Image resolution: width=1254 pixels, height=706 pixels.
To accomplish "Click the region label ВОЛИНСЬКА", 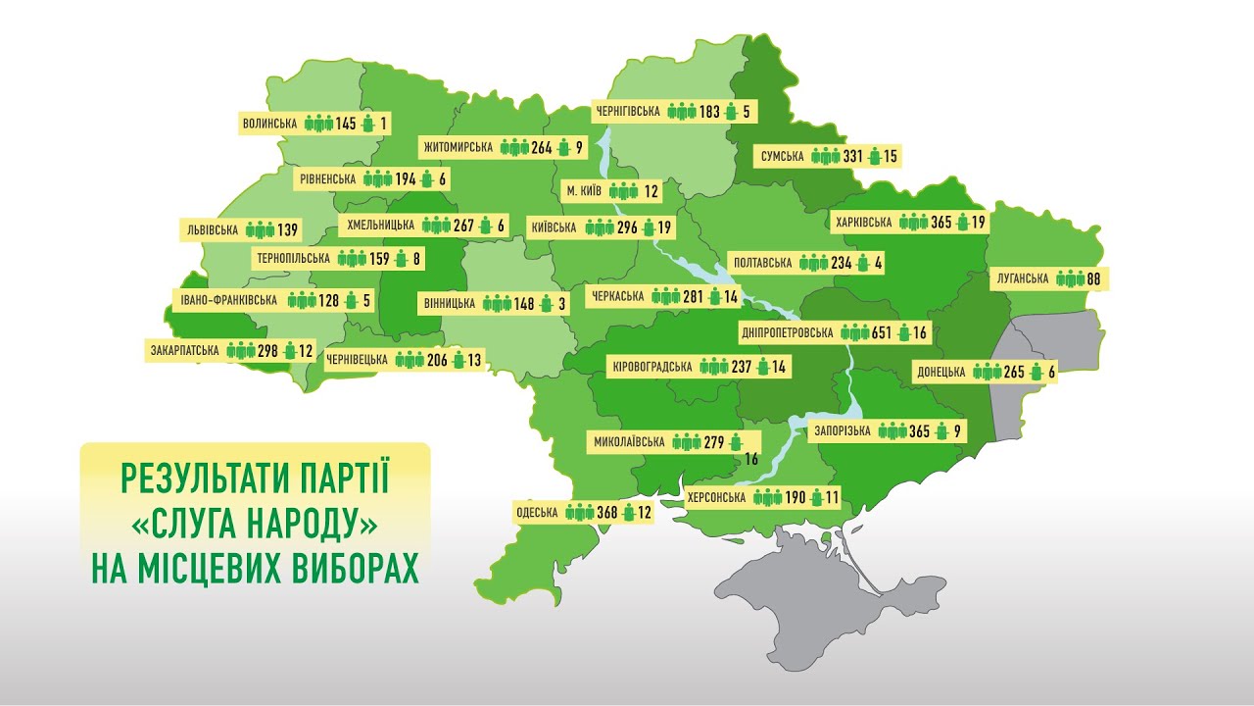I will coord(268,124).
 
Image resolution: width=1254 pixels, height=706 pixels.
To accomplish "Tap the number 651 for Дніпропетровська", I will coord(882,332).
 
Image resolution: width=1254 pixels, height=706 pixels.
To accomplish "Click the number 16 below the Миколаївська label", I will coord(752,459).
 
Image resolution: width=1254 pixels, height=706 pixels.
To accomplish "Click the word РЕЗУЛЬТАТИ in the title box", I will coord(199,479).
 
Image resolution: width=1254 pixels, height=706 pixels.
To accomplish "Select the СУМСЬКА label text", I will coord(782,157).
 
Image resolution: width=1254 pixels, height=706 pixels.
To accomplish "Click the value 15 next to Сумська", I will coord(890,157).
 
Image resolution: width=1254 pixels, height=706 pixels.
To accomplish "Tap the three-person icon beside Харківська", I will coord(913,223).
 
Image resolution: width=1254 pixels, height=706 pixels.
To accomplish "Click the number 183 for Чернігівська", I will coord(710,112).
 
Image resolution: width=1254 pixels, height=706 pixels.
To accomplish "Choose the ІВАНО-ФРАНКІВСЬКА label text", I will coord(229,300).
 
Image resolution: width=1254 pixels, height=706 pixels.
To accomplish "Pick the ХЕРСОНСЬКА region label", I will coord(716,498).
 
